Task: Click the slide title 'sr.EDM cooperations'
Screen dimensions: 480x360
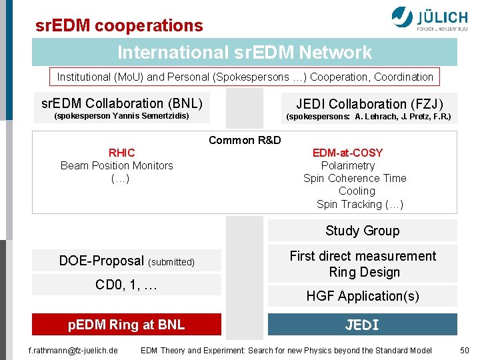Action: (119, 25)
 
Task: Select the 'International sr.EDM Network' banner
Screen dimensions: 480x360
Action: (245, 52)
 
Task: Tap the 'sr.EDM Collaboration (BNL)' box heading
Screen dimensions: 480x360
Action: (121, 103)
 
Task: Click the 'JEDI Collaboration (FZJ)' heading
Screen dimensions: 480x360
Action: (369, 104)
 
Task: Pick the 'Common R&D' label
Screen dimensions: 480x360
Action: (245, 140)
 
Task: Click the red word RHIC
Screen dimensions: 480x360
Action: (122, 153)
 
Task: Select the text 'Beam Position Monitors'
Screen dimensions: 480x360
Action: (117, 165)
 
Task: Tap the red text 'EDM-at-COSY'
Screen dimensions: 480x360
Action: (347, 153)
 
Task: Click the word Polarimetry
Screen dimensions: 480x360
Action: (347, 165)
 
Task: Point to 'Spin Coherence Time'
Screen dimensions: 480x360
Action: (355, 178)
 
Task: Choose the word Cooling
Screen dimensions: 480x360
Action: (357, 191)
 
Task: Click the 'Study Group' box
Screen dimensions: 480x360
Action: (362, 231)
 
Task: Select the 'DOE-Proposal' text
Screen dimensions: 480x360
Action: (101, 261)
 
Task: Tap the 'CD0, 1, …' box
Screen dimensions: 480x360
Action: (127, 285)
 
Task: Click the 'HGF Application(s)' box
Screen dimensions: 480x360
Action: (362, 296)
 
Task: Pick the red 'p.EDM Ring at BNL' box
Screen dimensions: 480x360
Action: (127, 325)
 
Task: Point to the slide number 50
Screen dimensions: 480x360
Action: (465, 350)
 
